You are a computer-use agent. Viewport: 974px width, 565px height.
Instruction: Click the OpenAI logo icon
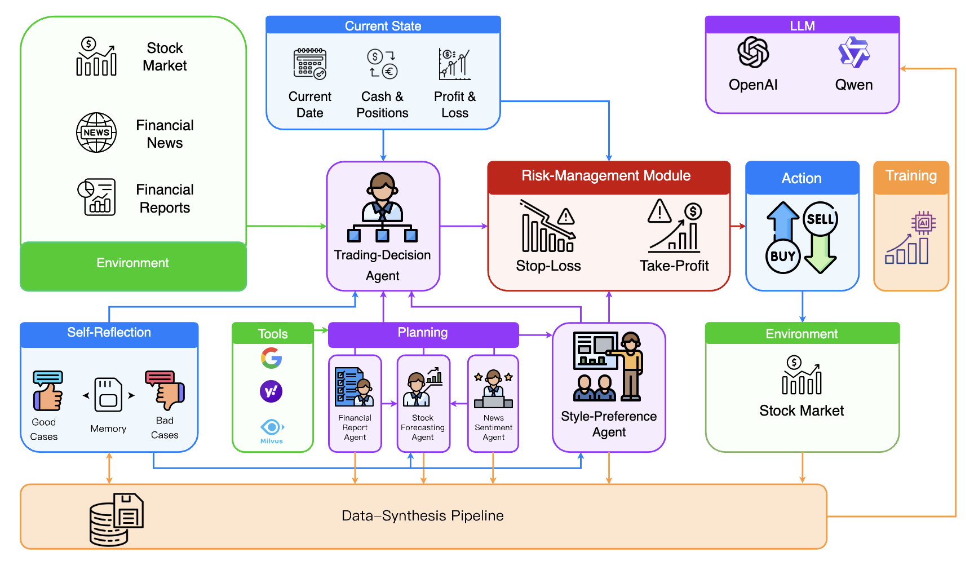[753, 52]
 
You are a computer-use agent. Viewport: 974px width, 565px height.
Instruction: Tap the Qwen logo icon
[853, 52]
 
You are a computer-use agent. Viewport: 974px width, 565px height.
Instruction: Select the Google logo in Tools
[272, 358]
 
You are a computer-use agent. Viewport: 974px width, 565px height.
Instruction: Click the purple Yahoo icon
[271, 391]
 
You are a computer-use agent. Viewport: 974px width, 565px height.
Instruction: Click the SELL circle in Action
[820, 219]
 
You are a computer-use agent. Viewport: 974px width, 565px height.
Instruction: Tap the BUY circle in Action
[782, 256]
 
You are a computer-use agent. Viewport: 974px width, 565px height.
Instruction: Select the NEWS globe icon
[96, 133]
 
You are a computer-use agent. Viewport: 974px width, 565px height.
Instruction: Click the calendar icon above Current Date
[309, 63]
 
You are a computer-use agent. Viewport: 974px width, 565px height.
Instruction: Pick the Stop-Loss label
[548, 266]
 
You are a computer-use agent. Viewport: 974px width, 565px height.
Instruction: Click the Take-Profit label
[674, 266]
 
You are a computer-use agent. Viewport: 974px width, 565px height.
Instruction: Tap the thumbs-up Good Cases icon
[48, 391]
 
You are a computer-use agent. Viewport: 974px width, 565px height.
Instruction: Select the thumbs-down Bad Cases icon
[165, 390]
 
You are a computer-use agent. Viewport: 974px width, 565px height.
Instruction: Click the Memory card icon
[108, 395]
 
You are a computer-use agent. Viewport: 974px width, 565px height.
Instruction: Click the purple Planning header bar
[423, 333]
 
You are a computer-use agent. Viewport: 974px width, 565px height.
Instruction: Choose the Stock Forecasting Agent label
[423, 427]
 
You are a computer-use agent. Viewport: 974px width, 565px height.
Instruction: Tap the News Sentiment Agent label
[493, 427]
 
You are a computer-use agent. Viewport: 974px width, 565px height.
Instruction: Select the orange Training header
[911, 176]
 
